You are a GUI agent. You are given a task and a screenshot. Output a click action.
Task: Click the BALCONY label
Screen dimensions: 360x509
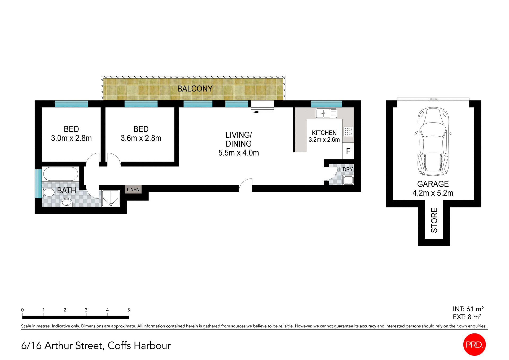[x=195, y=89]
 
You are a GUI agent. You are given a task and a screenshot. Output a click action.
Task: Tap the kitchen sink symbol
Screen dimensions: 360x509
[x=326, y=113]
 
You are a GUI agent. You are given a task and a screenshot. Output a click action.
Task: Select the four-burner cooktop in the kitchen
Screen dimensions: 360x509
[x=348, y=131]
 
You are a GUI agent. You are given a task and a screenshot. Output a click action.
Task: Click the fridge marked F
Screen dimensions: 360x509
[x=348, y=151]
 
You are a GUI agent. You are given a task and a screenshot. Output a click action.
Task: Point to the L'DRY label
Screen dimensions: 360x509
[x=346, y=169]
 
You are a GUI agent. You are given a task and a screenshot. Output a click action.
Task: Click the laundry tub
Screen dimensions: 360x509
[x=348, y=180]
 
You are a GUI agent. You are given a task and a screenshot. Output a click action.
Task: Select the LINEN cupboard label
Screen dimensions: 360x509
[x=133, y=189]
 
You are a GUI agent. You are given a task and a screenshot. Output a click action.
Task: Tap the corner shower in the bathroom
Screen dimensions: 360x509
[x=111, y=198]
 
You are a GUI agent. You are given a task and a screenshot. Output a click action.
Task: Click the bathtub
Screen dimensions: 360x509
[x=60, y=174]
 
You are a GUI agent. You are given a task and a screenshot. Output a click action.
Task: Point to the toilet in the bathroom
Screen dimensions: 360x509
[x=48, y=192]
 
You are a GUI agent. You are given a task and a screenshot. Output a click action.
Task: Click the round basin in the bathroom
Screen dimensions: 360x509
[x=67, y=203]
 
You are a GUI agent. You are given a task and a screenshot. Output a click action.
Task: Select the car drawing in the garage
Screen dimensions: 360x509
[x=433, y=141]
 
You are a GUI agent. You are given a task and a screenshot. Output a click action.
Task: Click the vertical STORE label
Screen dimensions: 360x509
[x=434, y=220]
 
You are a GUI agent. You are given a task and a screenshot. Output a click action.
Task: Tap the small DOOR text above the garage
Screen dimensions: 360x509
[x=433, y=99]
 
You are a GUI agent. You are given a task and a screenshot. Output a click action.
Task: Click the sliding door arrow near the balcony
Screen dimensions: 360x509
[x=262, y=112]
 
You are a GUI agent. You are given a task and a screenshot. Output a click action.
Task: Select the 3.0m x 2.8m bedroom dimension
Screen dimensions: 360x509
[x=71, y=138]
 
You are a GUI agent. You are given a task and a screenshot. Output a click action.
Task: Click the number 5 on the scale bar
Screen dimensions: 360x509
[x=129, y=310]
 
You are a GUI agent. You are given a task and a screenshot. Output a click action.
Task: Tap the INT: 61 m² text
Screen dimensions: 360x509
[x=468, y=309]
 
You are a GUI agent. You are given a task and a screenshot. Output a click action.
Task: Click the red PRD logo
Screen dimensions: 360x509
[x=474, y=344]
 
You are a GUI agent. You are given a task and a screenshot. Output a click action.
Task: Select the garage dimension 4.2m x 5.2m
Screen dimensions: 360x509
[x=433, y=193]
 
